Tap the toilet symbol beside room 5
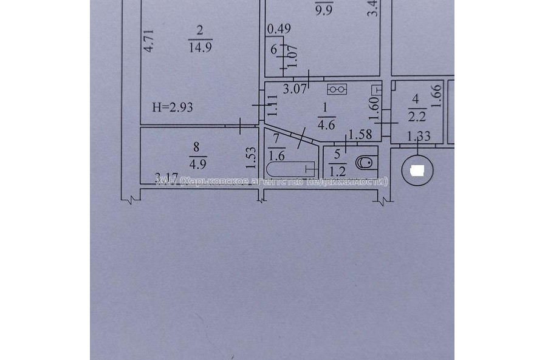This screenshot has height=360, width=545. click(365, 163)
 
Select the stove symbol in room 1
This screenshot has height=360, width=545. click(337, 89)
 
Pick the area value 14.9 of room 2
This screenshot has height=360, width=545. click(200, 47)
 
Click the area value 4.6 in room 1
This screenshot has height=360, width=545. click(326, 126)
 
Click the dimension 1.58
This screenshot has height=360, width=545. click(361, 135)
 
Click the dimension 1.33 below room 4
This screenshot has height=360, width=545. click(419, 137)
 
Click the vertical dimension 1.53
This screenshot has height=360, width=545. click(250, 158)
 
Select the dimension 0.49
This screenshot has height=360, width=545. click(279, 28)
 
